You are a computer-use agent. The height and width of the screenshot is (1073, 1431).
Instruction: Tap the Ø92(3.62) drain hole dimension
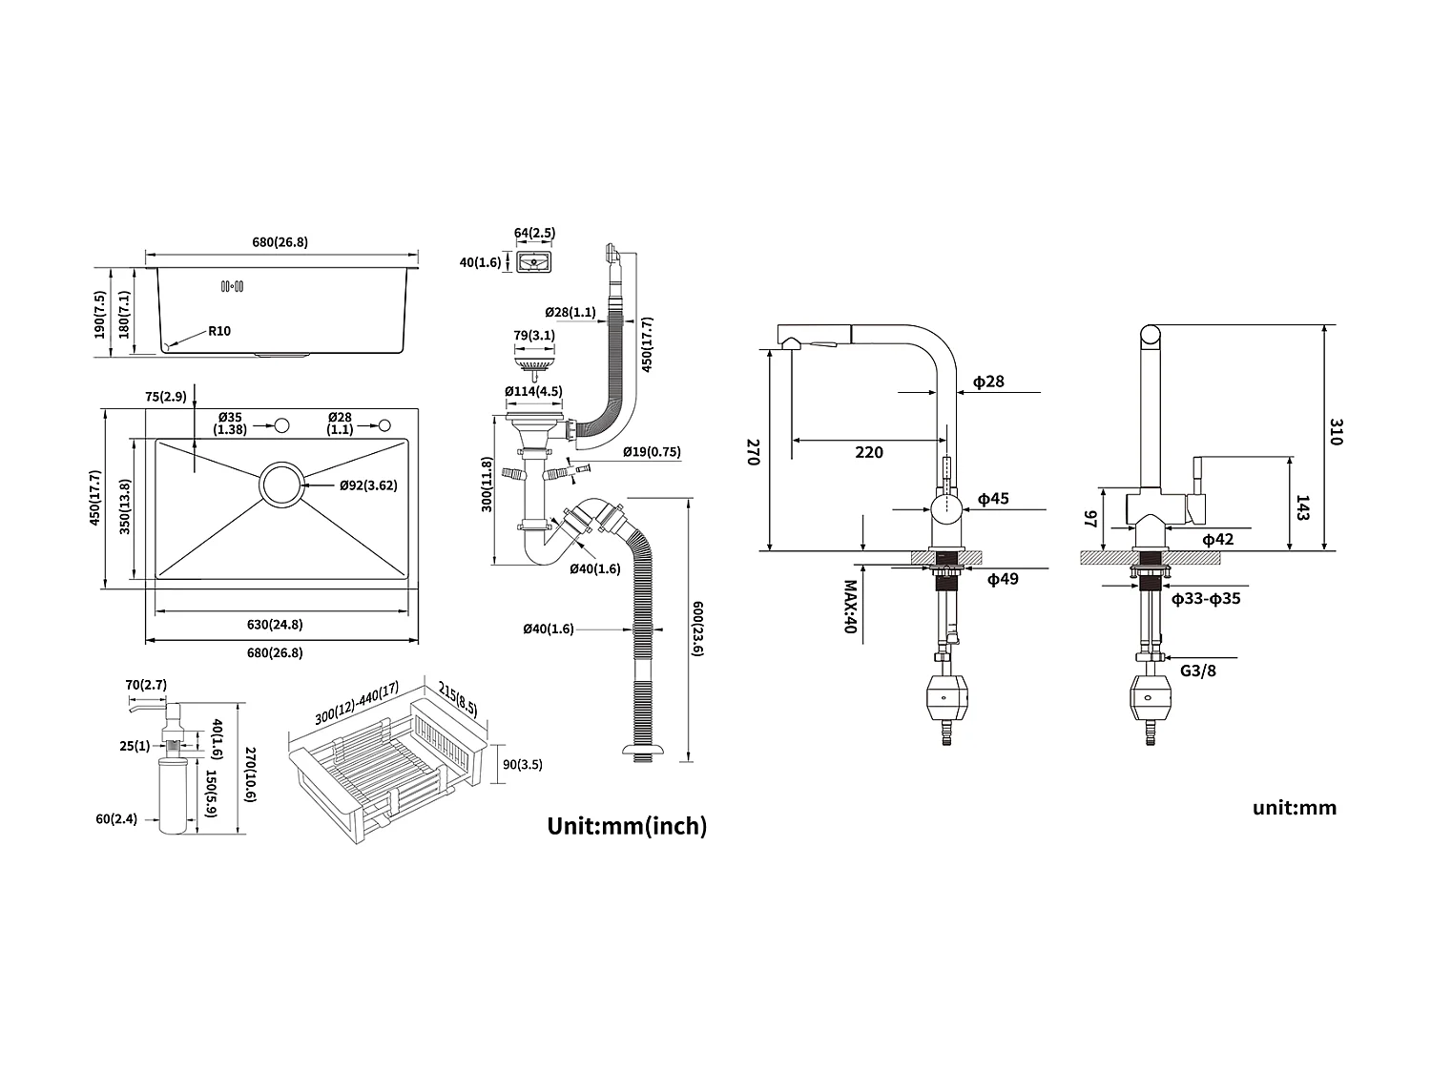[x=368, y=485]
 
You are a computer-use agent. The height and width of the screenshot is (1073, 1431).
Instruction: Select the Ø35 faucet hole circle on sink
[x=281, y=424]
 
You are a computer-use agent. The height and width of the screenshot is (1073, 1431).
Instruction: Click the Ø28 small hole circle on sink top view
[x=385, y=424]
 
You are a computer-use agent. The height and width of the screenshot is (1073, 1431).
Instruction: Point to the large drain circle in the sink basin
[x=281, y=485]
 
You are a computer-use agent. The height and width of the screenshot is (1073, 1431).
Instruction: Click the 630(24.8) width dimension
[x=275, y=625]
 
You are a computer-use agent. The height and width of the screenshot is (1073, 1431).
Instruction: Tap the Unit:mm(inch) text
[x=627, y=826]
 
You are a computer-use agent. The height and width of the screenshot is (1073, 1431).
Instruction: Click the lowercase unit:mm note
[x=1295, y=808]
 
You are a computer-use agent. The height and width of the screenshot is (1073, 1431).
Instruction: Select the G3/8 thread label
[x=1197, y=671]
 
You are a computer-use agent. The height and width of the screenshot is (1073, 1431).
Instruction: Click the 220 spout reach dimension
[x=868, y=452]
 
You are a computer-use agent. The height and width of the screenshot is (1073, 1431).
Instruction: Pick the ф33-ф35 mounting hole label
[x=1206, y=599]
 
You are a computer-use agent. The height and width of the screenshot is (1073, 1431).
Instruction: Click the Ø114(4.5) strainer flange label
[x=533, y=391]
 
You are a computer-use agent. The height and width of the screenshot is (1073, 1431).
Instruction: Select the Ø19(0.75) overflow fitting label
[x=652, y=452]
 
